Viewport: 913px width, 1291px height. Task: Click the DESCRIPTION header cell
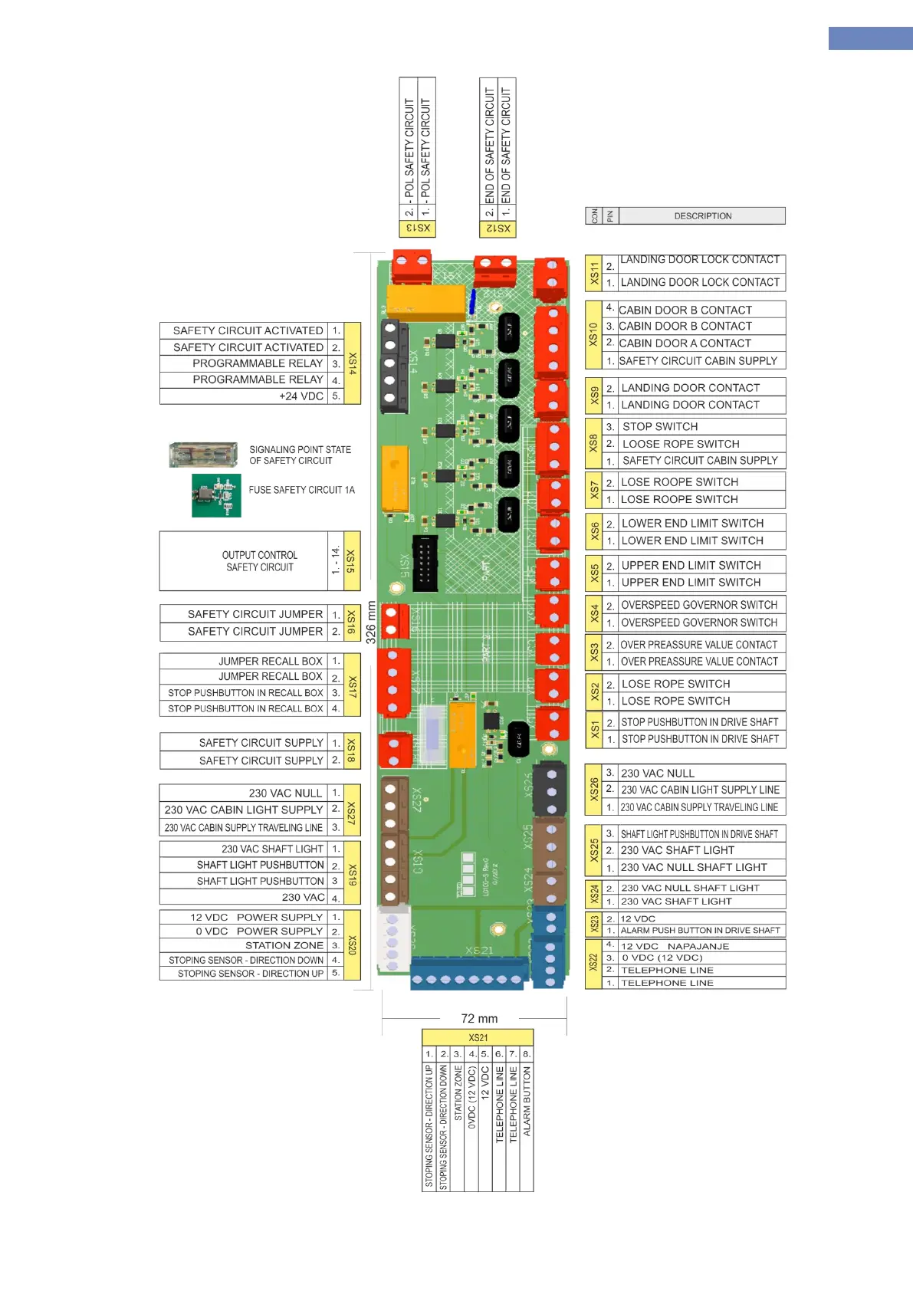(702, 216)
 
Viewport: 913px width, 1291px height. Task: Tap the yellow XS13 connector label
(418, 228)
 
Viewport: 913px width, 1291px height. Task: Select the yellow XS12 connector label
(498, 228)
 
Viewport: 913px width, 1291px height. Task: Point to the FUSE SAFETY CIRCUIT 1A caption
(301, 490)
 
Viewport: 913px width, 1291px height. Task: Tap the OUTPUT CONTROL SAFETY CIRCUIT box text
(259, 561)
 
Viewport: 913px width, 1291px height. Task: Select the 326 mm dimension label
(371, 622)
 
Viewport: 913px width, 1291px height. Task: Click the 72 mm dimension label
(479, 1019)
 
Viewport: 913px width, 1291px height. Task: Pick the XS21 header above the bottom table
(478, 1037)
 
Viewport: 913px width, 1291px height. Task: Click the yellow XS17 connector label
(352, 685)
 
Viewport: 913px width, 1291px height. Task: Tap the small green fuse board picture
(216, 495)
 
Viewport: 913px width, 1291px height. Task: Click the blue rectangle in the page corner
(870, 38)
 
